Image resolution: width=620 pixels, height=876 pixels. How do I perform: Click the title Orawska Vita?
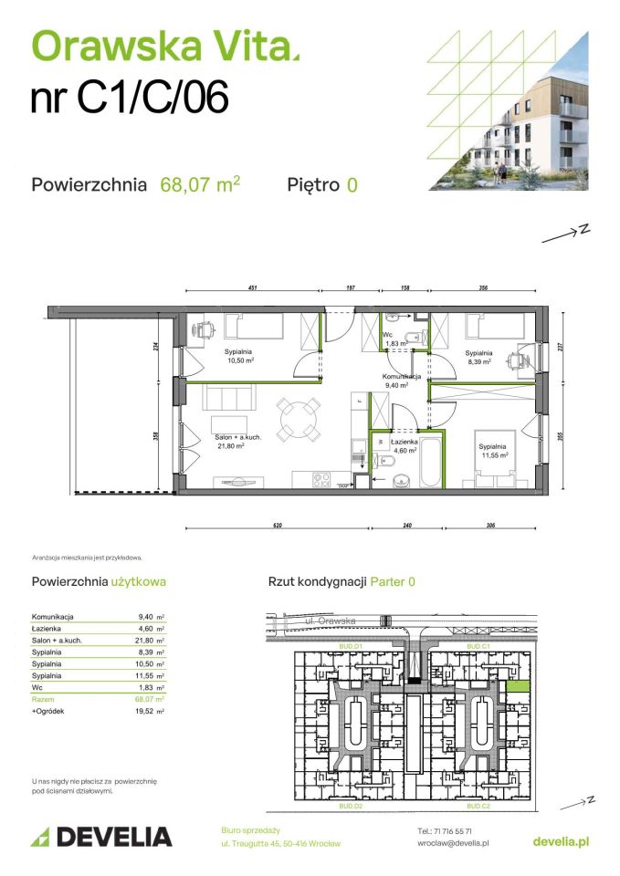point(164,45)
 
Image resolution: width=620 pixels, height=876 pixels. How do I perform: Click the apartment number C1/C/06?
point(129,99)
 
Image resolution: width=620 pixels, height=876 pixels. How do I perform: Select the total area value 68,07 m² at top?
point(200,184)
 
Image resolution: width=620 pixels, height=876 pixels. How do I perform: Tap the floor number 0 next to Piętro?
point(352,185)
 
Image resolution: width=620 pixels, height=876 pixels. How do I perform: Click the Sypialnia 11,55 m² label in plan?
point(492,450)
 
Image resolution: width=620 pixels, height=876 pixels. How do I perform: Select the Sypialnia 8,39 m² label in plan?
point(478,357)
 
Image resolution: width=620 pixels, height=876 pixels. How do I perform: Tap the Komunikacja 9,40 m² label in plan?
point(401,381)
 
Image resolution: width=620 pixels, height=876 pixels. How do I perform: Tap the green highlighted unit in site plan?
point(518,686)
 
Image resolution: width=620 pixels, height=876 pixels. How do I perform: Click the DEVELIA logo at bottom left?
point(102,836)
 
